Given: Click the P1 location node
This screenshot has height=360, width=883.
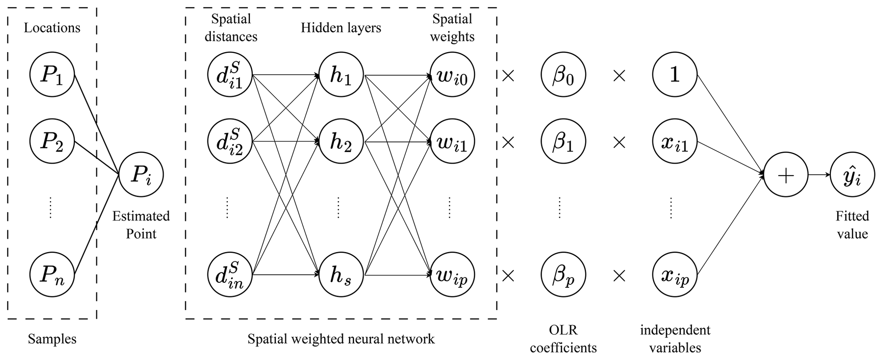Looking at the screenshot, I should tap(52, 75).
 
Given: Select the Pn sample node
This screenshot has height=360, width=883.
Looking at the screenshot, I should tap(52, 275).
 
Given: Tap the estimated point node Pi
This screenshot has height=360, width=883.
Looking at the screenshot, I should tap(141, 175).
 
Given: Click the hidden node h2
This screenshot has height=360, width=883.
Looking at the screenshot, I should tap(341, 141).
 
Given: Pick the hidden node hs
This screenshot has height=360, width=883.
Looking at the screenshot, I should tap(341, 275).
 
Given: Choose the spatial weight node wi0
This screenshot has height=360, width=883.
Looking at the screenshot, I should tap(452, 75).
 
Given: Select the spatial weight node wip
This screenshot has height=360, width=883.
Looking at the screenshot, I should tap(452, 275).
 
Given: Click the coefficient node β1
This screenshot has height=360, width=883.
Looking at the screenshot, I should tap(563, 141).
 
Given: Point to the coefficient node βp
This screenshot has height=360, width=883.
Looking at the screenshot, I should tap(563, 275).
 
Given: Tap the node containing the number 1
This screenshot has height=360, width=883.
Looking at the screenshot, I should tap(675, 75).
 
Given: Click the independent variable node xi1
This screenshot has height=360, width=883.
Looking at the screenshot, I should tap(675, 141).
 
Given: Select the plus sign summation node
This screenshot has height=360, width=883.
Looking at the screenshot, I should tap(786, 175).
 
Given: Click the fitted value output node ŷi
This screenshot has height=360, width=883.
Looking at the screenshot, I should tap(852, 175).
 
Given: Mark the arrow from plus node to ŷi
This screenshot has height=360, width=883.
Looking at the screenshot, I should tap(819, 175).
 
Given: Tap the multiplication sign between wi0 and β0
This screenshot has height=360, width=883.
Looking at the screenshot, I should tap(508, 76).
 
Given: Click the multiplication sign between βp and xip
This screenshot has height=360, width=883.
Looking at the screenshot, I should tap(619, 276).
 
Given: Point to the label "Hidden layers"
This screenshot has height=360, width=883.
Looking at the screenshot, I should tap(341, 28).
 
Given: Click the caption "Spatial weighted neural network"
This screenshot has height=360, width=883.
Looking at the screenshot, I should tap(341, 339).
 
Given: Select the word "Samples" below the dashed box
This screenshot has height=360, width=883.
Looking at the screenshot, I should tap(52, 339).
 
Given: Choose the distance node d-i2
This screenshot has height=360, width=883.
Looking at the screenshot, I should tap(230, 141).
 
